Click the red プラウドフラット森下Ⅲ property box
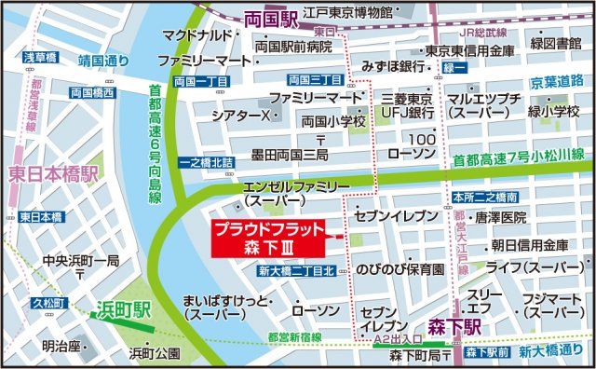(267, 238)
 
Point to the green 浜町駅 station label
(126, 309)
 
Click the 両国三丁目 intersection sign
(318, 79)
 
